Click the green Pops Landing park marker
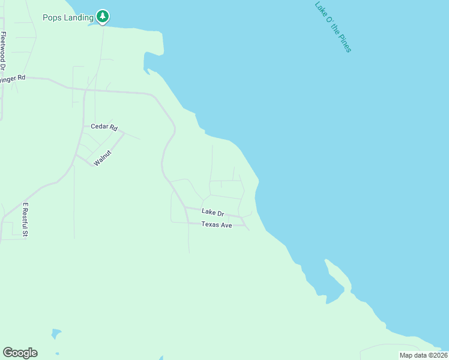pos(103,17)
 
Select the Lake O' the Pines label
pos(333,26)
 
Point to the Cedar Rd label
pos(104,127)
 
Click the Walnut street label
pos(103,158)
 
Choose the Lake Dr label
pos(212,212)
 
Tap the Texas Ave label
pos(216,225)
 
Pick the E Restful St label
pos(26,220)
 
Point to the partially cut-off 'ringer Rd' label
pos(13,79)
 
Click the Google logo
pos(20,353)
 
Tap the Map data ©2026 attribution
pos(423,355)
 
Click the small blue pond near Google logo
pos(56,333)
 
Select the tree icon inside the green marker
pos(103,16)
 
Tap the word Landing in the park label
pos(80,17)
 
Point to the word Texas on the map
pos(209,225)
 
